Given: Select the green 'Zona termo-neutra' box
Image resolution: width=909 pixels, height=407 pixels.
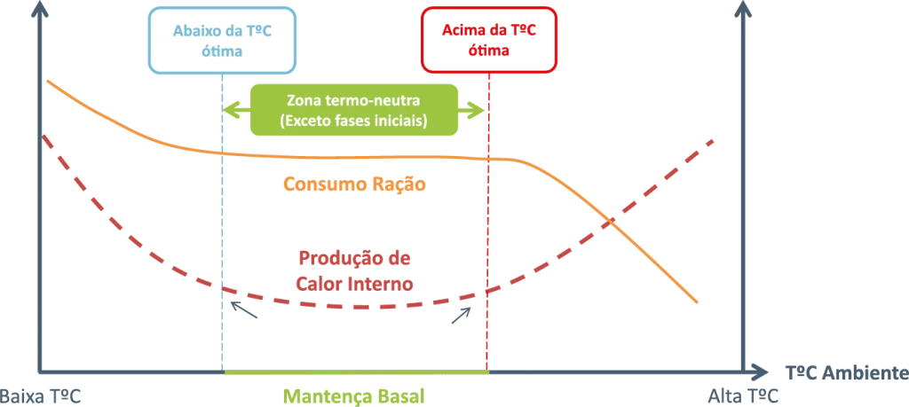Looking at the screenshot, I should pyautogui.click(x=353, y=110).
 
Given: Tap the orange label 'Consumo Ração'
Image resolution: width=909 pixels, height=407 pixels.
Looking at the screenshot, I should pyautogui.click(x=354, y=184).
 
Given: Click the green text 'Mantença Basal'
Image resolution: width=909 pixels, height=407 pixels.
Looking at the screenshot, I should pyautogui.click(x=353, y=395).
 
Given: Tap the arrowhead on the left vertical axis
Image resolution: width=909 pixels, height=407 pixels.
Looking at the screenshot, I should pyautogui.click(x=38, y=8).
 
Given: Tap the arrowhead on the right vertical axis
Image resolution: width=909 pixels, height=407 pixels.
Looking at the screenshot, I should pyautogui.click(x=744, y=8).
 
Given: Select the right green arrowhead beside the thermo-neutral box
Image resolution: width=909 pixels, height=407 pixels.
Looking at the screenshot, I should pyautogui.click(x=479, y=110).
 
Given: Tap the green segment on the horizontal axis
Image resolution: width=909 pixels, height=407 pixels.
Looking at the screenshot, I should pyautogui.click(x=355, y=372).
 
